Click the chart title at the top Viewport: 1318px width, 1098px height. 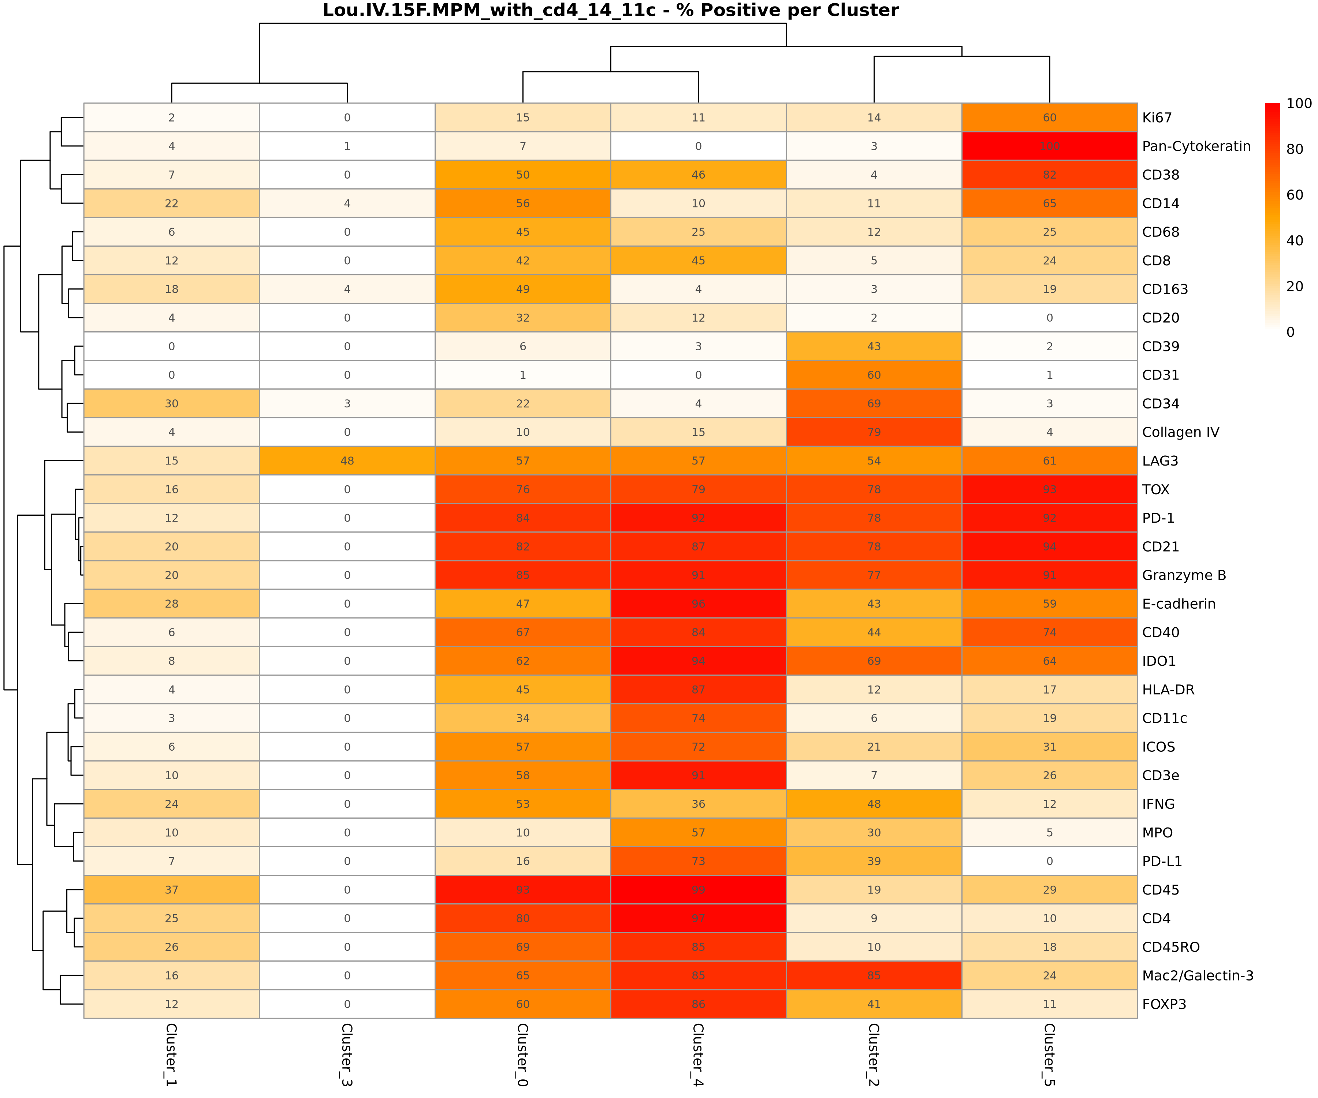[610, 11]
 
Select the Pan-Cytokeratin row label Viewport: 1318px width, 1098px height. [1196, 146]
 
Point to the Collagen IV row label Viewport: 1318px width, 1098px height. [1180, 432]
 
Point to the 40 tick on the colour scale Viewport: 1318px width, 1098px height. [1294, 240]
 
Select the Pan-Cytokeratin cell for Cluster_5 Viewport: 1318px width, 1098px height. [1049, 146]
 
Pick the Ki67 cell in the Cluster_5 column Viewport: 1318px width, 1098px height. [1049, 118]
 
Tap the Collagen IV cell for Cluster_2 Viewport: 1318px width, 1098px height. [874, 432]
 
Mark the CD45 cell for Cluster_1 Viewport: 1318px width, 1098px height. [171, 890]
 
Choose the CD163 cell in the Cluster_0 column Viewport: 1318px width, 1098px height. [523, 289]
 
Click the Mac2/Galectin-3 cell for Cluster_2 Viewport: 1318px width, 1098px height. [874, 976]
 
